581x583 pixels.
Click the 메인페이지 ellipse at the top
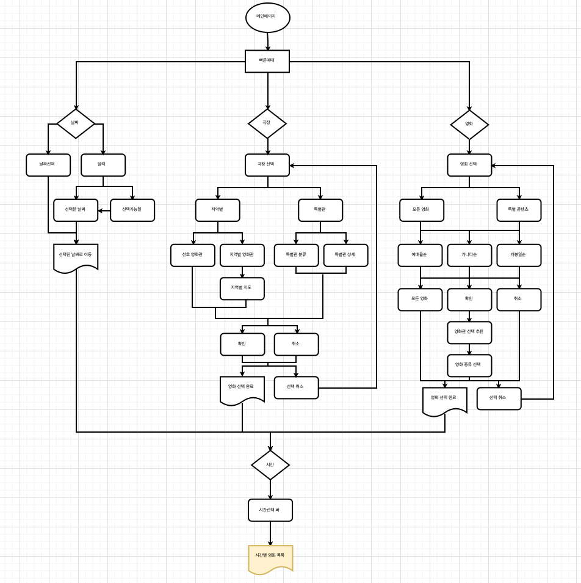coord(267,17)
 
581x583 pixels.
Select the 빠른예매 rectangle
coord(267,61)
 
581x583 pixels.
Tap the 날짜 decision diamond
coord(76,123)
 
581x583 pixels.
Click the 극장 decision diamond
coord(267,123)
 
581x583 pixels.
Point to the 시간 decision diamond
coord(270,465)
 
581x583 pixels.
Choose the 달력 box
coord(103,165)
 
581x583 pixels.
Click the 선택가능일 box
coord(132,210)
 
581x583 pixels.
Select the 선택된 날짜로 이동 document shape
coord(76,257)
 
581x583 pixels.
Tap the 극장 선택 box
coord(267,165)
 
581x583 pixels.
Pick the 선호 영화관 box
coord(193,255)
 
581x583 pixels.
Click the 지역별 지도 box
coord(242,288)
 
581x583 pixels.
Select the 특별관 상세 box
coord(345,255)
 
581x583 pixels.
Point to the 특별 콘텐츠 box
coord(519,210)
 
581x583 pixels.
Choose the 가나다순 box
coord(469,255)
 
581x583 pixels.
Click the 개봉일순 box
coord(519,255)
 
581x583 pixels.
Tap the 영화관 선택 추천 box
coord(469,332)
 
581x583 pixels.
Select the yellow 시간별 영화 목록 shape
coord(270,557)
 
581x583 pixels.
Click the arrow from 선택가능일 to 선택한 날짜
coord(104,211)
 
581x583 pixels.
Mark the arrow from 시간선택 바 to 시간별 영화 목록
coord(270,533)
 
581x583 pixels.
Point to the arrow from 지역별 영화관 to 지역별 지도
coord(242,272)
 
